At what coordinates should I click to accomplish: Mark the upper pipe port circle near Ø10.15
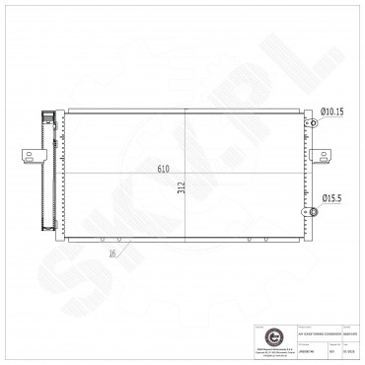click(x=312, y=123)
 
